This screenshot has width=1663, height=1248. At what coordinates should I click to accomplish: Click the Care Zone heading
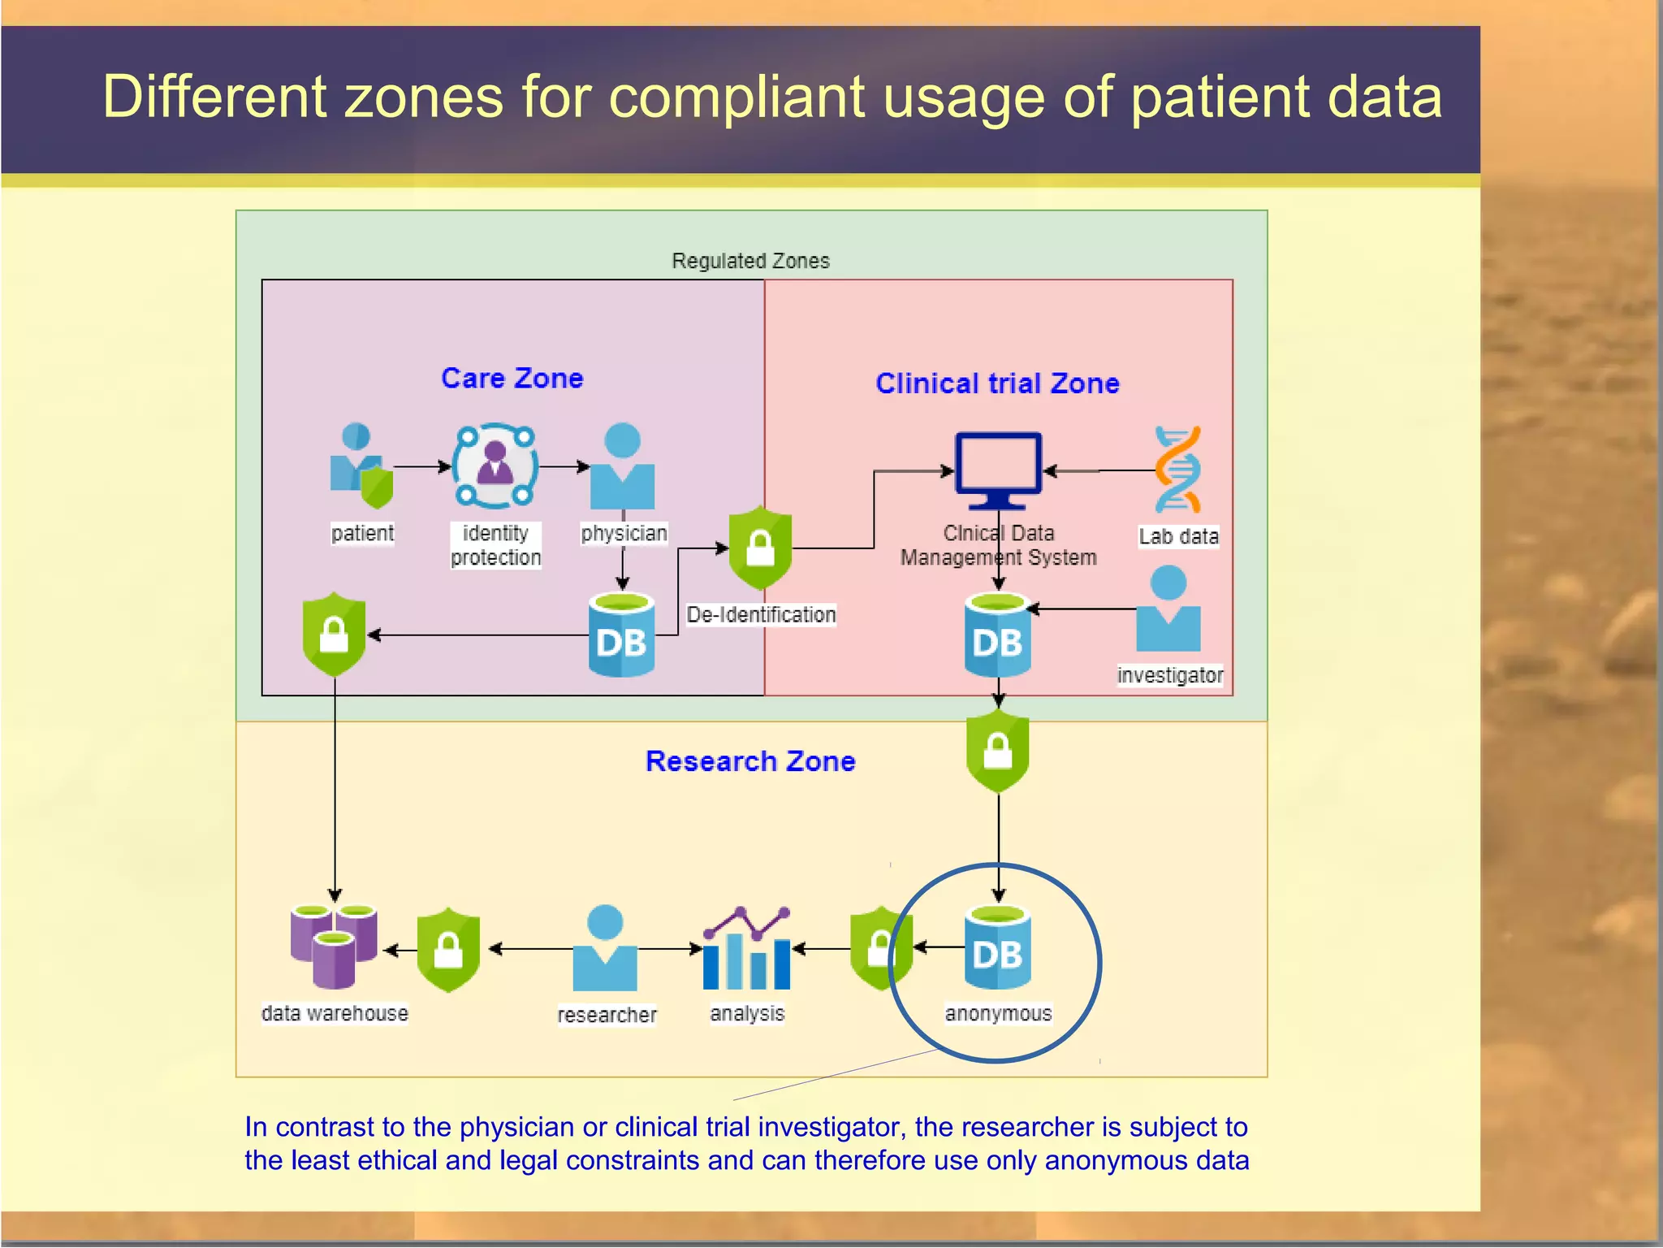[x=512, y=379]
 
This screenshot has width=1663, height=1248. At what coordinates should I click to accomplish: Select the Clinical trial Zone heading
[x=996, y=383]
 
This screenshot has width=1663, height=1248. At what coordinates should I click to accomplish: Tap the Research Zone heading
[x=749, y=761]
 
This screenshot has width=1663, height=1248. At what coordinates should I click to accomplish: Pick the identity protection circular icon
[x=495, y=466]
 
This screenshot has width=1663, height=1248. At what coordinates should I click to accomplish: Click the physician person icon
[x=622, y=466]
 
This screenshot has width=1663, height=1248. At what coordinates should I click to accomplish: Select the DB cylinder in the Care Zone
[x=621, y=636]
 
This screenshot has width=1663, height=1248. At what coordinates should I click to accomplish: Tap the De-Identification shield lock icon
[x=759, y=548]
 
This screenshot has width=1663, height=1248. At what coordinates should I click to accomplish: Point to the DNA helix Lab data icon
[x=1177, y=470]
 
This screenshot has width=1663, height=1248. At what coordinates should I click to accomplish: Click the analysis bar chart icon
[x=746, y=949]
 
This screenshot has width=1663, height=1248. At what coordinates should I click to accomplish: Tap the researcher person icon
[x=605, y=948]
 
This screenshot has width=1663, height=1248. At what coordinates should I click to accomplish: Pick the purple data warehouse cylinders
[x=334, y=945]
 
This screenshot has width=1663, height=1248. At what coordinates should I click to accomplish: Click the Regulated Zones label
[x=750, y=261]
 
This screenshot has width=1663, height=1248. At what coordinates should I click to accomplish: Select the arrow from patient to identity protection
[x=421, y=467]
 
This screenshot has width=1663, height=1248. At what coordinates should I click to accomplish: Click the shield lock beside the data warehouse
[x=448, y=949]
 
